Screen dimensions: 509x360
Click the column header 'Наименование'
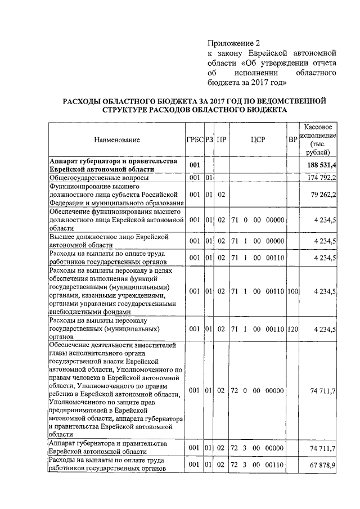coord(116,139)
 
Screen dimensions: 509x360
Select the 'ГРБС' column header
coord(195,139)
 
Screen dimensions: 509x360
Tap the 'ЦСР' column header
coord(258,139)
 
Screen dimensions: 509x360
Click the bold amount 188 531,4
coord(322,165)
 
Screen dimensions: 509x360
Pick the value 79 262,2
coord(324,195)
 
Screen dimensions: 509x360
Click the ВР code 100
coord(292,291)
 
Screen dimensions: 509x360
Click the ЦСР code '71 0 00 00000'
coord(258,220)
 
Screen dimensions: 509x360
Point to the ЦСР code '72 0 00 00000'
coord(258,390)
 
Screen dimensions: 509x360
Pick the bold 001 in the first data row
coord(195,165)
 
